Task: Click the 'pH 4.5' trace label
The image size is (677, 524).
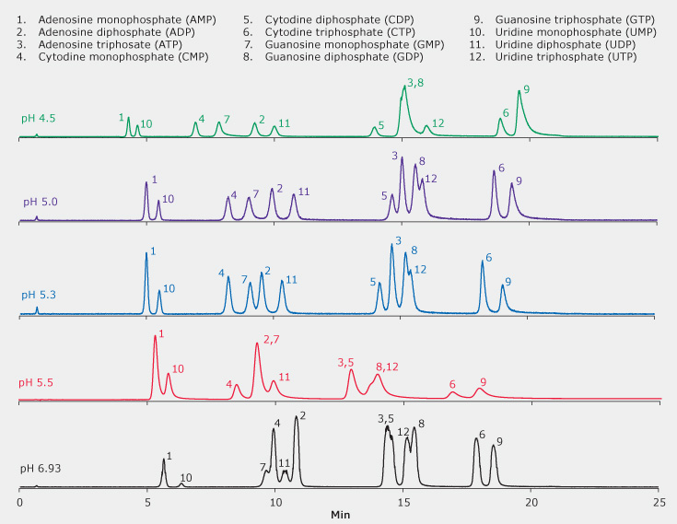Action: [x=39, y=119]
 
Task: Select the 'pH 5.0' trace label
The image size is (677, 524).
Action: [x=41, y=201]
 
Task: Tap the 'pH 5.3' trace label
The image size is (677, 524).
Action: [x=39, y=295]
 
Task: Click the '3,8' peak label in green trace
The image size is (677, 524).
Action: [x=415, y=83]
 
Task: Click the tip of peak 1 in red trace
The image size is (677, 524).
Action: [x=155, y=337]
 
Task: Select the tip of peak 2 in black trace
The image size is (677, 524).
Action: [x=296, y=417]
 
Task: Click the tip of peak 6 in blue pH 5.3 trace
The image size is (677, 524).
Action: [x=482, y=262]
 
